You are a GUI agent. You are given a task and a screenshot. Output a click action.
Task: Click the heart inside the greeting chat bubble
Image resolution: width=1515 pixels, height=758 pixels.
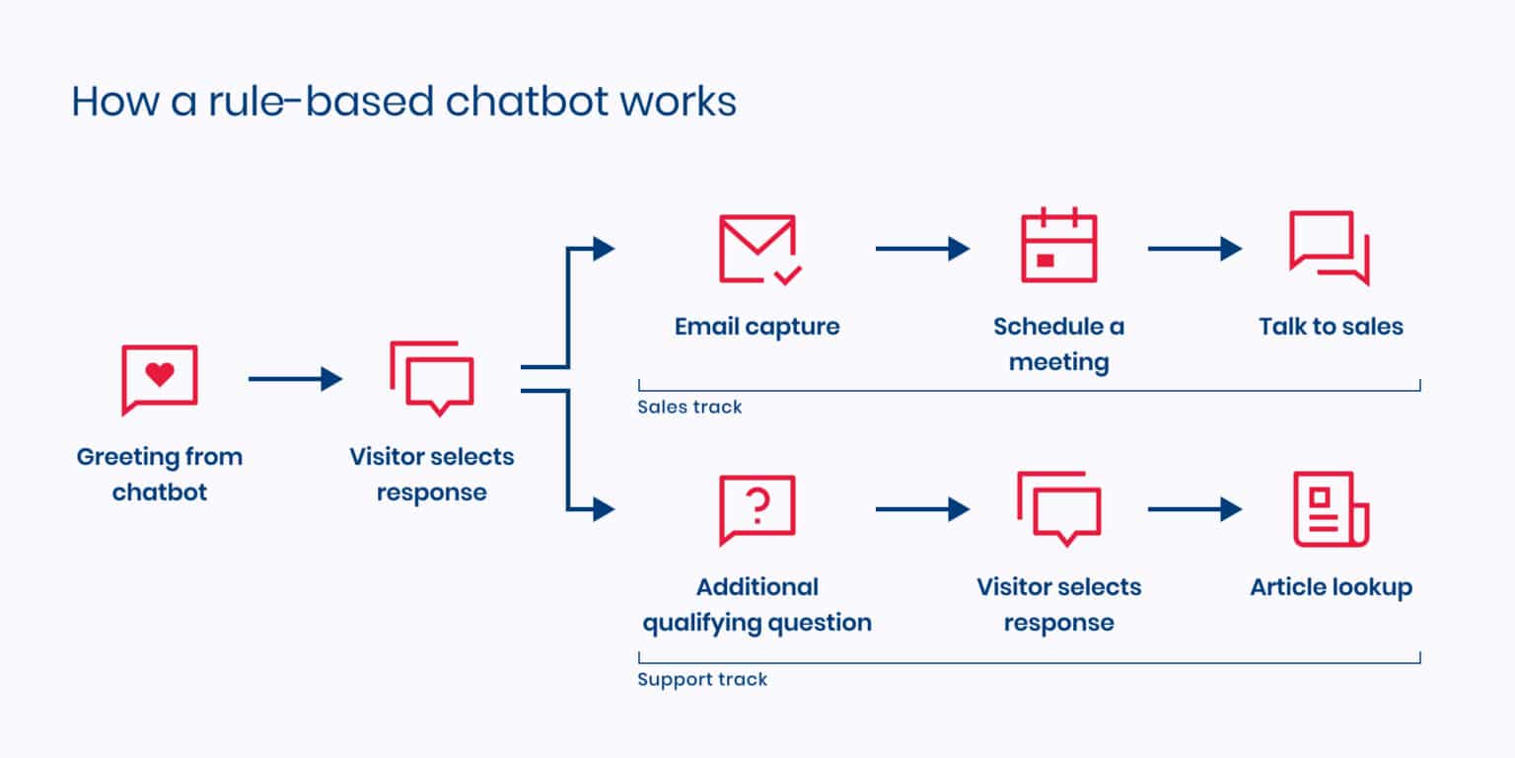pos(159,375)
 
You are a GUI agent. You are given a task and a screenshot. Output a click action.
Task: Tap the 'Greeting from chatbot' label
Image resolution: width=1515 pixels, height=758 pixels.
pos(159,475)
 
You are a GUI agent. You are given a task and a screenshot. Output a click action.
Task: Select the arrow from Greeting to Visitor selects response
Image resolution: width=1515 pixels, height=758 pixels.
pos(294,378)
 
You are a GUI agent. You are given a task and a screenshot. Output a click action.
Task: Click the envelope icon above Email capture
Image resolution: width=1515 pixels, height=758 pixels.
pos(757,248)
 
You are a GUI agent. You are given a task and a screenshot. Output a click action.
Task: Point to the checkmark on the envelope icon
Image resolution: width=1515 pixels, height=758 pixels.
pos(788,275)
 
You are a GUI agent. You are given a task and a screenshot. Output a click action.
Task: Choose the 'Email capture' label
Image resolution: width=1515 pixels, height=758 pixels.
pos(757,327)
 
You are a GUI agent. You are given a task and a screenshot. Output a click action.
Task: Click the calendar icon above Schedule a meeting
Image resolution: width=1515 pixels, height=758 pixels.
pos(1058,247)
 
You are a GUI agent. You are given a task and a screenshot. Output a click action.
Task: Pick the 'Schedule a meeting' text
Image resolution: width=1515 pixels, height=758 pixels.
pos(1058,344)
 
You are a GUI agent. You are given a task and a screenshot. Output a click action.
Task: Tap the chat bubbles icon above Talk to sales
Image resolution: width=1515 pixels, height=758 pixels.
pos(1329,247)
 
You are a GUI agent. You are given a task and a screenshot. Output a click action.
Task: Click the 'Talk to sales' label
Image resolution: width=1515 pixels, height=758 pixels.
pos(1330,327)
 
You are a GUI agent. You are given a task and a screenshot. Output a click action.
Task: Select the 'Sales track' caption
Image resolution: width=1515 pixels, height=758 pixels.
pos(689,407)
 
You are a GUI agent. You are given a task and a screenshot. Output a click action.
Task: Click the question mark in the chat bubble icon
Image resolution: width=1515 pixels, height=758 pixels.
pos(757,506)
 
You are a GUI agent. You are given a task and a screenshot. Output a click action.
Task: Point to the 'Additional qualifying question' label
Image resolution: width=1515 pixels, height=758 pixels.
pos(757,605)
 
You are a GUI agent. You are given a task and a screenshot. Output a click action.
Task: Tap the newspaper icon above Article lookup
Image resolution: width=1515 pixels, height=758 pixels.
pos(1331,508)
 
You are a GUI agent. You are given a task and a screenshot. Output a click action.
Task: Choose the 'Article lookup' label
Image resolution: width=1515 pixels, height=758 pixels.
pos(1331,587)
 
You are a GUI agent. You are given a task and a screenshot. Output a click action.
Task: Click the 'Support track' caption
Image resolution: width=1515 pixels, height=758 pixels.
pos(701,679)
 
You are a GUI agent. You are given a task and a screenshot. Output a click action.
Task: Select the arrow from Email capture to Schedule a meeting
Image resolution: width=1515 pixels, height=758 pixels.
pos(921,249)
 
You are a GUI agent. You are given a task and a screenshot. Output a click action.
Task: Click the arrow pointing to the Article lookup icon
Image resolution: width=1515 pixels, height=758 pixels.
pos(1193,509)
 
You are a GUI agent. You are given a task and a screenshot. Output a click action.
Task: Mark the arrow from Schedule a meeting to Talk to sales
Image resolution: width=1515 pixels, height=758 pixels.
pos(1193,249)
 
